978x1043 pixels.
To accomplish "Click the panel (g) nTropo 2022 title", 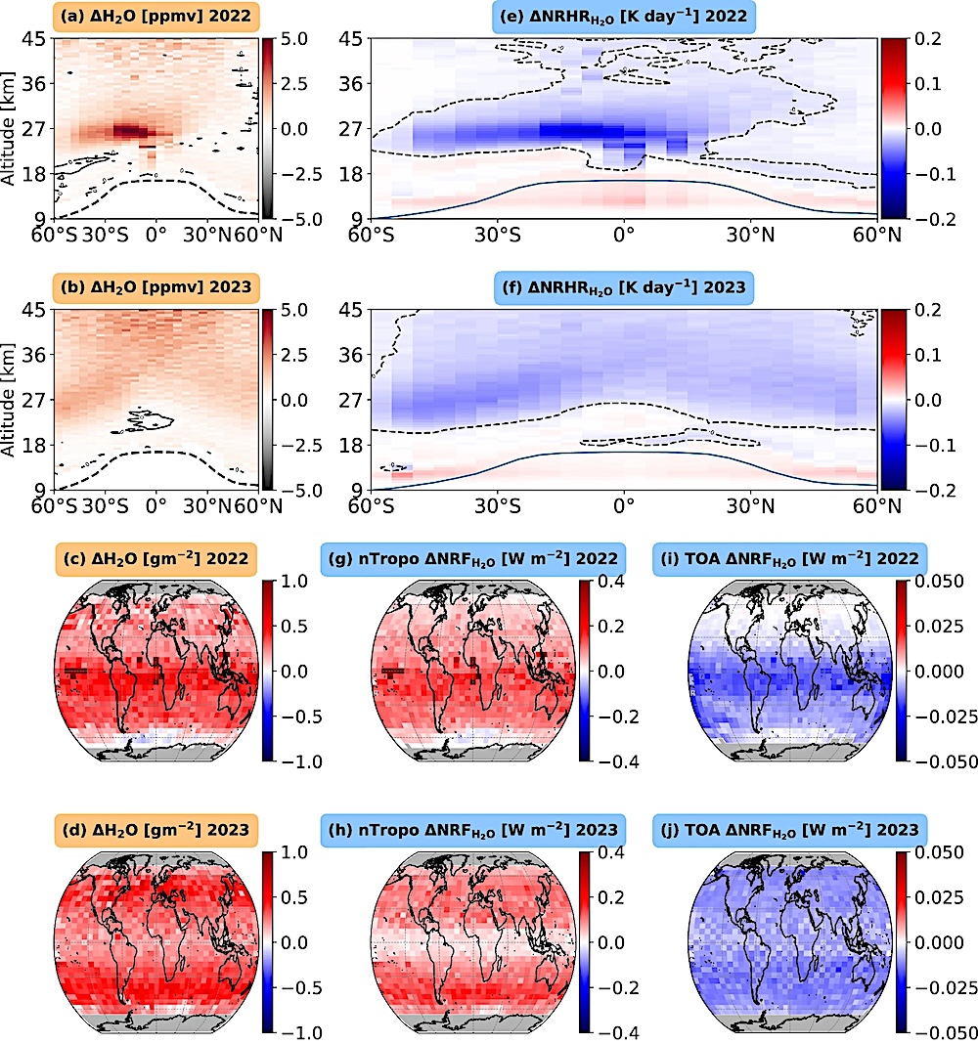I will tap(471, 558).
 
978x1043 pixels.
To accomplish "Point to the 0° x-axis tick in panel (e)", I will tap(624, 235).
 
